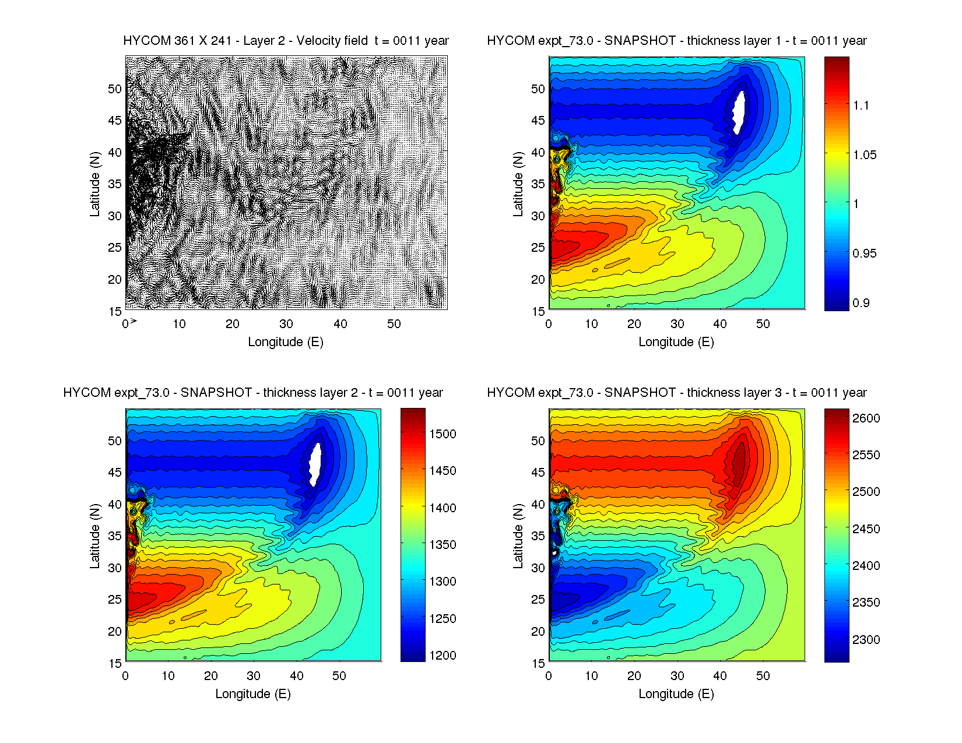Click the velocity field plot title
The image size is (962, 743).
[286, 41]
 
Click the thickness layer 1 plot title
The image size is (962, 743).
[676, 41]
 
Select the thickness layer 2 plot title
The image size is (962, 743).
[252, 393]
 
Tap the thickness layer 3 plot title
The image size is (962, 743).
[676, 393]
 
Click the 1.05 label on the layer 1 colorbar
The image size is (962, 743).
[864, 155]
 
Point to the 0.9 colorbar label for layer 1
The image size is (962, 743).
[861, 303]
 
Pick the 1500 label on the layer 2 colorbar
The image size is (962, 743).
[443, 434]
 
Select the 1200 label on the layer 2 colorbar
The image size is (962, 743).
[443, 656]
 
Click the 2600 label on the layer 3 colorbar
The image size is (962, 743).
[866, 418]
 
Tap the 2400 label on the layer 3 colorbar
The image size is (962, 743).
[866, 566]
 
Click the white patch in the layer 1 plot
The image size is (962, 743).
[739, 112]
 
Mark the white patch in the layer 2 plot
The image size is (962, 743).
[315, 464]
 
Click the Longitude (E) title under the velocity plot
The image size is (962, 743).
[286, 342]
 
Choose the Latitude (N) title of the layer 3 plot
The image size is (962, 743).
[518, 536]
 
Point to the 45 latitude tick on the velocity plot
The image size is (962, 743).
[115, 121]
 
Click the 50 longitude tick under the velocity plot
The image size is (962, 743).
[394, 324]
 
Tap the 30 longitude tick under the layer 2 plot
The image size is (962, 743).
[254, 676]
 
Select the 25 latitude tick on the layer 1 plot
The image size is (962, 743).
[538, 248]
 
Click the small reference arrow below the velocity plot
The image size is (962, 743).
[134, 321]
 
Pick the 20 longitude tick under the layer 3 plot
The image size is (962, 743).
[634, 676]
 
